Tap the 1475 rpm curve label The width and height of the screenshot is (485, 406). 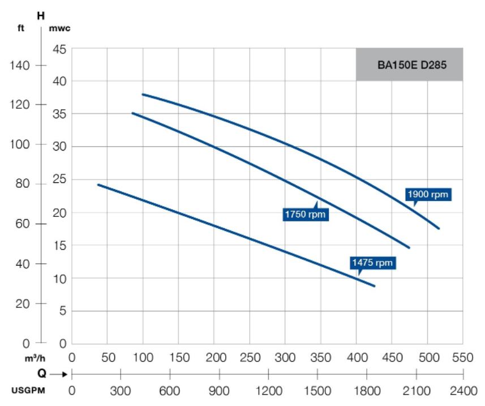[x=372, y=262]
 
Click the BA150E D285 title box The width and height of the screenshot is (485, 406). [x=409, y=64]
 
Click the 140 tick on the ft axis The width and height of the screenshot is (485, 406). [x=23, y=65]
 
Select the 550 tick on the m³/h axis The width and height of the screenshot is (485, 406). [x=462, y=358]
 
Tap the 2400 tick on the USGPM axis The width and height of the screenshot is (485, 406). [x=462, y=390]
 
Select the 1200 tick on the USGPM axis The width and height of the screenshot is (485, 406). [x=268, y=390]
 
